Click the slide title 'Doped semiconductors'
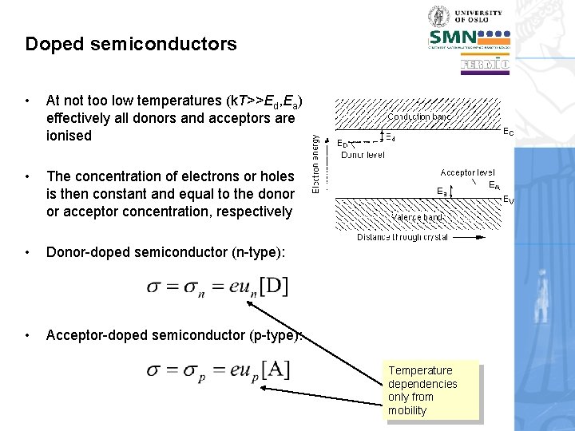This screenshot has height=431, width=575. (131, 44)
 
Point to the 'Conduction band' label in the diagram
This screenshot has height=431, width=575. (420, 117)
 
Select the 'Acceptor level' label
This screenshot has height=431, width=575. (467, 172)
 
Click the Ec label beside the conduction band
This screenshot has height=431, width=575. (508, 132)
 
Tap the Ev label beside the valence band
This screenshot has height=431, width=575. (509, 201)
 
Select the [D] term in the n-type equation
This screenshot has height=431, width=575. (273, 285)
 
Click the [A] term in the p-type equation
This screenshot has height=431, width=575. (274, 370)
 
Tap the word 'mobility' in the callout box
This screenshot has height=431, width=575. (407, 410)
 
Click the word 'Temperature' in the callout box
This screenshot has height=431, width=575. (420, 370)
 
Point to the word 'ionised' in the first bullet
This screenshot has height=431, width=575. (69, 136)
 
